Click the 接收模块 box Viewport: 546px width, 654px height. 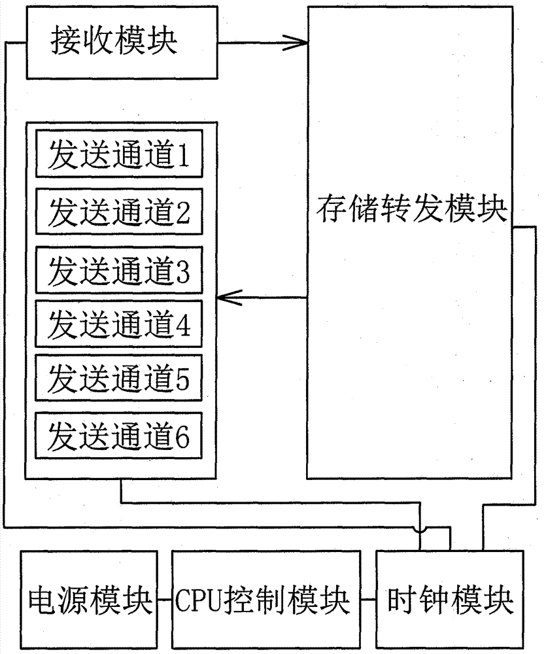(122, 43)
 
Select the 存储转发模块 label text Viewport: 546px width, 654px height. (411, 209)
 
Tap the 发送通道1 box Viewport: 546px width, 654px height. (119, 154)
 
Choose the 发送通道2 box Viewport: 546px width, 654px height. (119, 211)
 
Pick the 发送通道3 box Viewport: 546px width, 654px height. (119, 270)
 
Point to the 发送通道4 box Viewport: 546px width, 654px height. (119, 324)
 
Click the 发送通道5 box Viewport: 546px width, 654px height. (119, 378)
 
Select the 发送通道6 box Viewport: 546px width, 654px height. (119, 436)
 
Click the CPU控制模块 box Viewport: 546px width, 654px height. (266, 600)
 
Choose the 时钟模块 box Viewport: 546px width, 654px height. (450, 600)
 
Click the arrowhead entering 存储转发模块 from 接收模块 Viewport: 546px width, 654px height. (297, 42)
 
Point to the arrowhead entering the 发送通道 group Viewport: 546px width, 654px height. (230, 298)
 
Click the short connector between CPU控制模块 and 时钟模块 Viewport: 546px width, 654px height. (369, 600)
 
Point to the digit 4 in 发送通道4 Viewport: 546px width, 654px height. (182, 325)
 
